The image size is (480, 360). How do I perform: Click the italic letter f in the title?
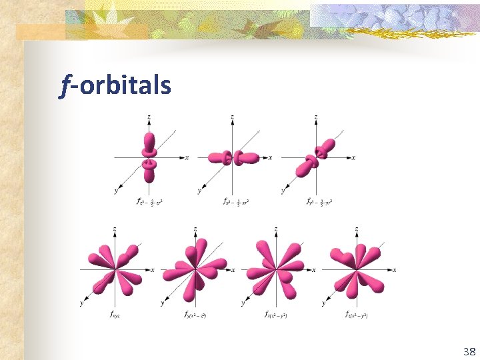click(x=64, y=86)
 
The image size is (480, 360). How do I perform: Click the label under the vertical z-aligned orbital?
click(x=150, y=201)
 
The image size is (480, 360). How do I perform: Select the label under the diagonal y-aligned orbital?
click(x=319, y=201)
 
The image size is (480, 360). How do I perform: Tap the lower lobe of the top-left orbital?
click(x=149, y=173)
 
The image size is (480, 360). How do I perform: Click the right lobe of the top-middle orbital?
click(x=249, y=158)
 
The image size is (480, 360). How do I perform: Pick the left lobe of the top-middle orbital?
click(x=217, y=158)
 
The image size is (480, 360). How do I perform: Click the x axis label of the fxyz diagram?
click(x=153, y=270)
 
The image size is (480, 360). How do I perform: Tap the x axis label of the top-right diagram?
click(x=353, y=158)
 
